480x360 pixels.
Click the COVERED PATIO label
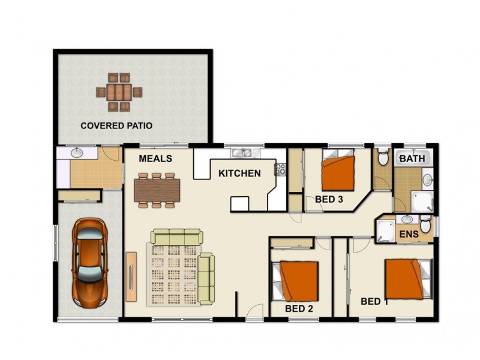click(116, 126)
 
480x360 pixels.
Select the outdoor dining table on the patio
click(119, 92)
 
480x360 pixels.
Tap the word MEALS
click(155, 159)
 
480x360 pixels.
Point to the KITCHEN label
click(239, 174)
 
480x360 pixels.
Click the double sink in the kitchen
click(243, 152)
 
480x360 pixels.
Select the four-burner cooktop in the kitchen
click(280, 169)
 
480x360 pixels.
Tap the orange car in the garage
click(90, 260)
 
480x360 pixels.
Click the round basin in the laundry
click(77, 154)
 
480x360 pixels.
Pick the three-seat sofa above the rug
click(176, 237)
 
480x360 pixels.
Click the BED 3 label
click(329, 199)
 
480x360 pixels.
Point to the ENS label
click(408, 233)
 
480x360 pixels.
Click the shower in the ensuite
click(384, 230)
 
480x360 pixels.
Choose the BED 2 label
click(299, 308)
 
